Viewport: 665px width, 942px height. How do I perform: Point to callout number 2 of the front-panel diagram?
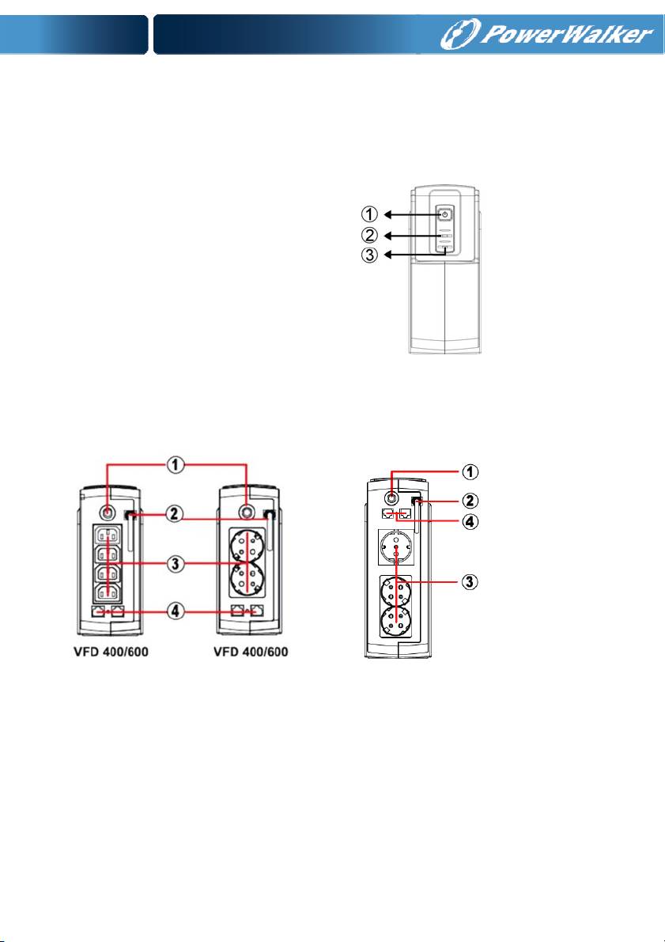pyautogui.click(x=370, y=235)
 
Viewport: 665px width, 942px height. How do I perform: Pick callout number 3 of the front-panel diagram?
pyautogui.click(x=370, y=255)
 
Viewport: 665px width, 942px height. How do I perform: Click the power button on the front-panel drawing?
pyautogui.click(x=444, y=214)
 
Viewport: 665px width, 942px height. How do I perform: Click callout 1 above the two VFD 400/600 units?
pyautogui.click(x=177, y=464)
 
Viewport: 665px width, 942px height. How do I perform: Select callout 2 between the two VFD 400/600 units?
pyautogui.click(x=174, y=514)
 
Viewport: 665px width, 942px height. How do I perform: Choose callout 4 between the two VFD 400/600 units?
pyautogui.click(x=174, y=611)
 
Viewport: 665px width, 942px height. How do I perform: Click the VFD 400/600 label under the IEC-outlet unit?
pyautogui.click(x=111, y=652)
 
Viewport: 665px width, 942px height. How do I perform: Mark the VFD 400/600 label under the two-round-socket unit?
pyautogui.click(x=251, y=652)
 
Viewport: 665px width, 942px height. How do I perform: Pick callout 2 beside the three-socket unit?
pyautogui.click(x=470, y=500)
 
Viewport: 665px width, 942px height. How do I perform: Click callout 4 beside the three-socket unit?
pyautogui.click(x=470, y=521)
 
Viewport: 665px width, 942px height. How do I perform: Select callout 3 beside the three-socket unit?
pyautogui.click(x=470, y=582)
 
